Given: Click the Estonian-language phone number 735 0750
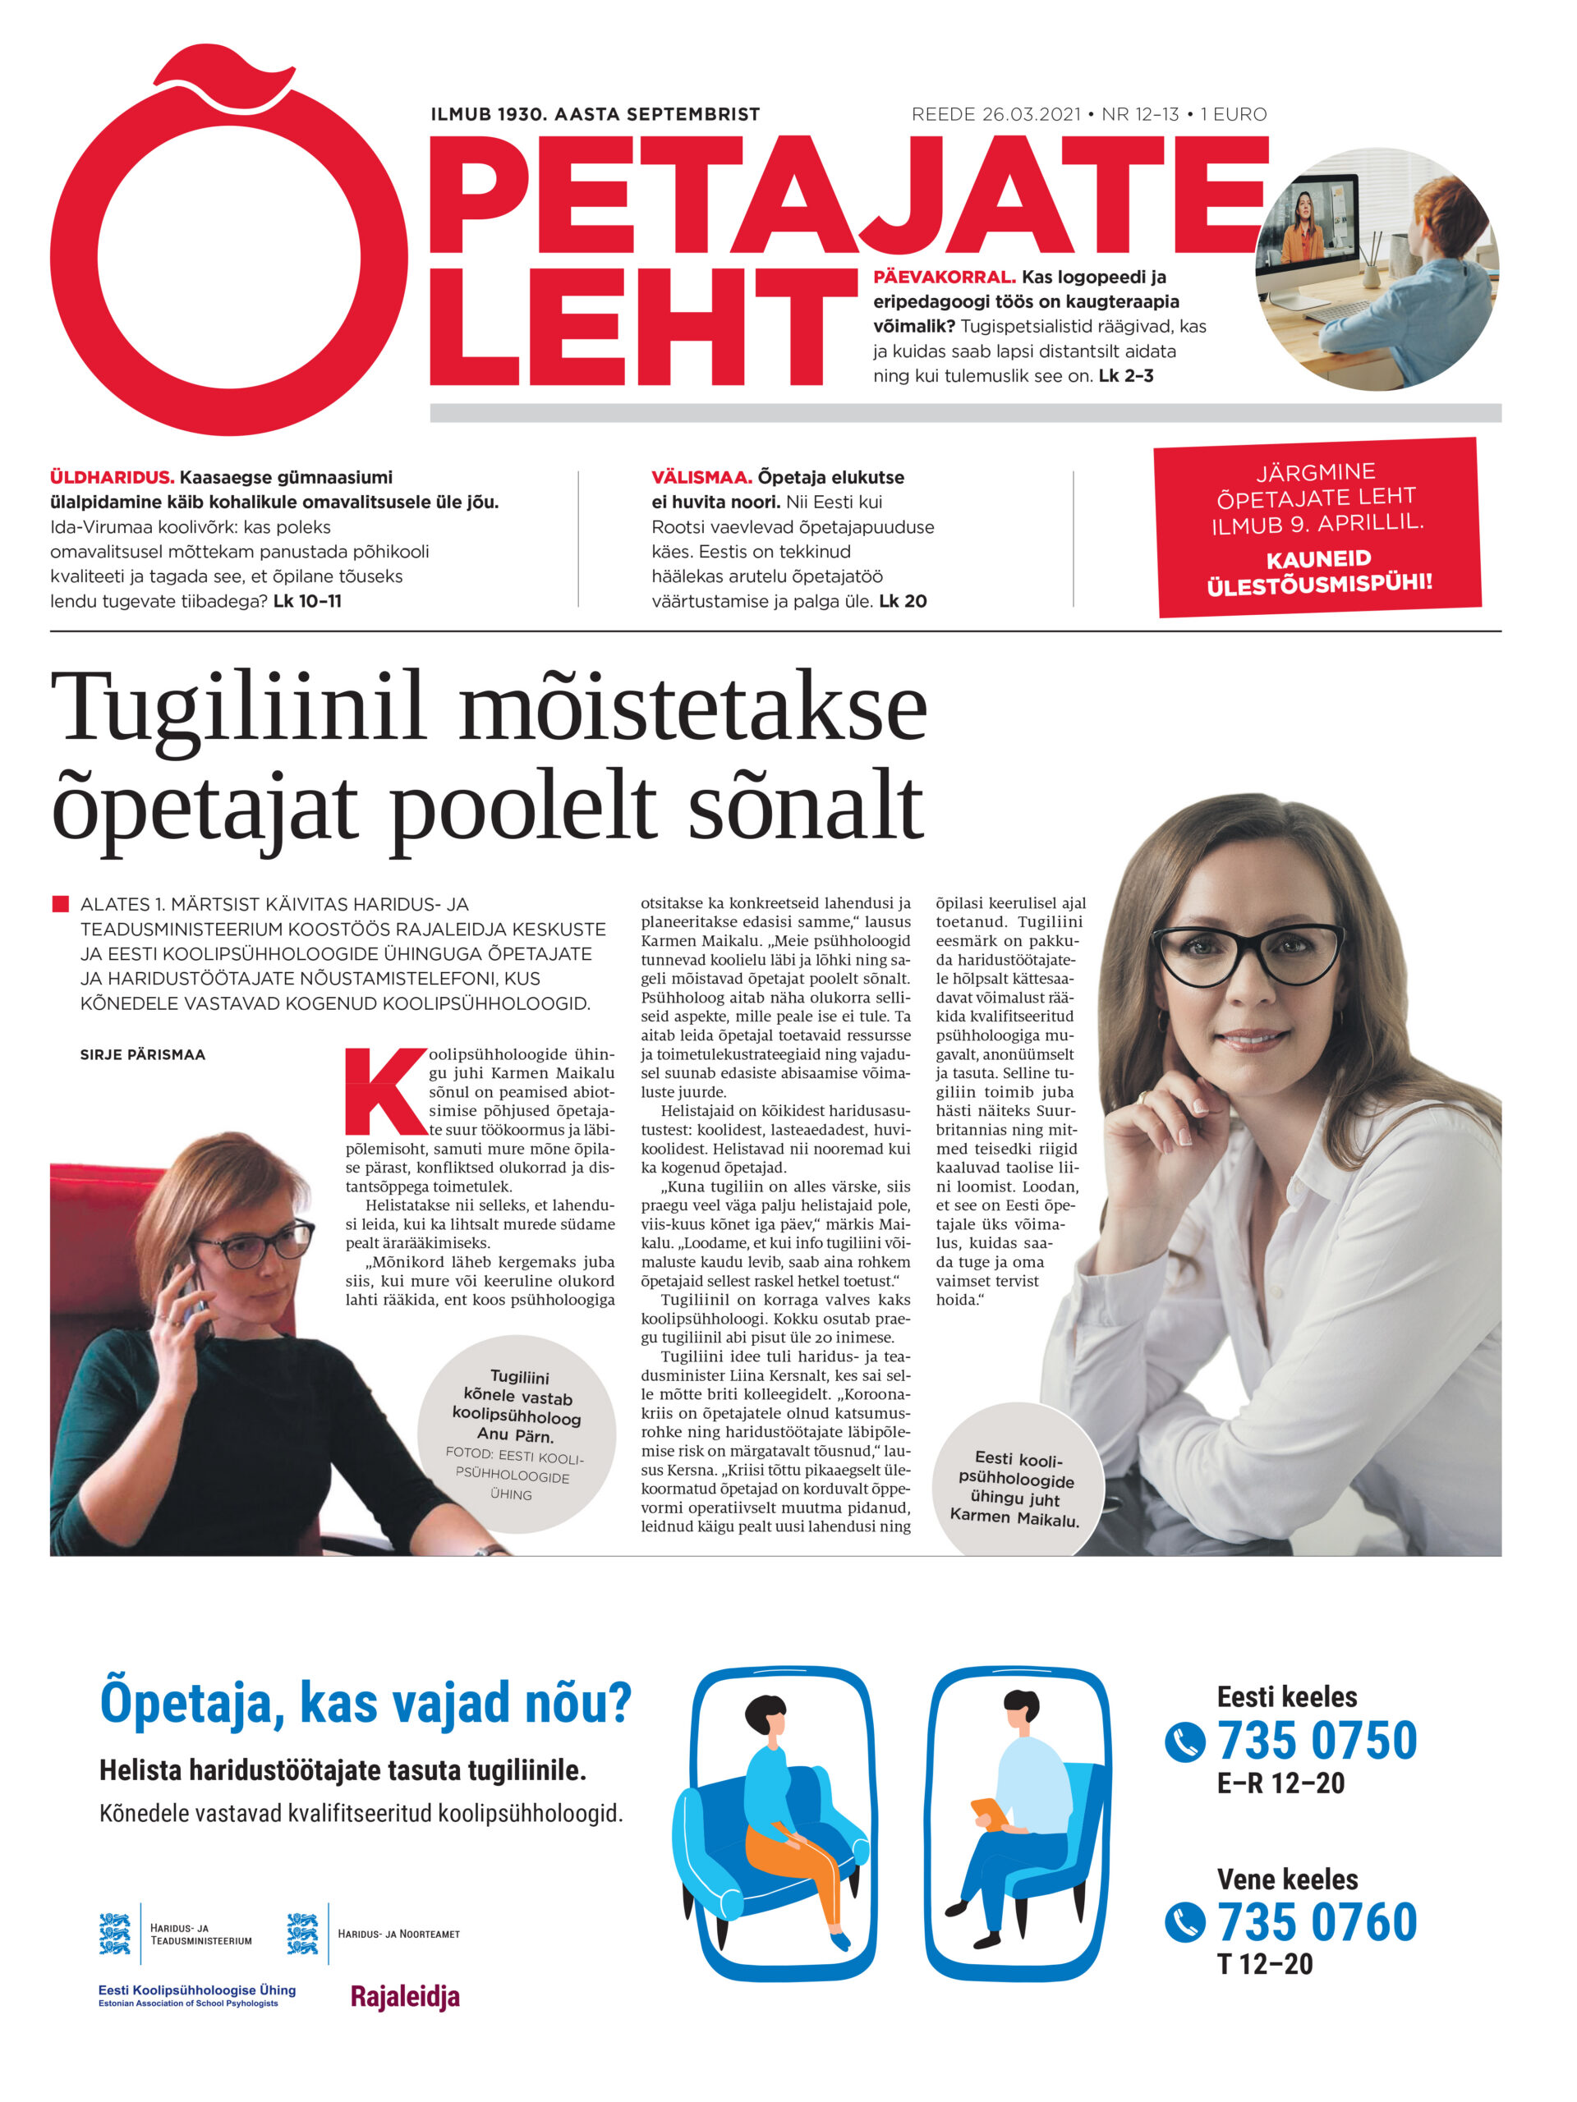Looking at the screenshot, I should click(1317, 1741).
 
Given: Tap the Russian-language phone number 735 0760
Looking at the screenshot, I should click(1317, 1923).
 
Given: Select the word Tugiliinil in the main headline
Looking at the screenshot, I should click(237, 707).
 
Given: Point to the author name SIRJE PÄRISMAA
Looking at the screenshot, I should click(143, 1055).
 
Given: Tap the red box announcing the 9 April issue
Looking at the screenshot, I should click(1317, 526).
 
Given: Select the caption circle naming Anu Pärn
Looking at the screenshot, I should click(516, 1435).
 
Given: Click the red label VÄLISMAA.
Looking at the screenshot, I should click(701, 477).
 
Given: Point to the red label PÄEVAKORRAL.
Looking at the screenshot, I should click(944, 278).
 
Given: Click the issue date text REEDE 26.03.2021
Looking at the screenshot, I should click(995, 115).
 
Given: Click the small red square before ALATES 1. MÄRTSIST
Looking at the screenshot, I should click(61, 904).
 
